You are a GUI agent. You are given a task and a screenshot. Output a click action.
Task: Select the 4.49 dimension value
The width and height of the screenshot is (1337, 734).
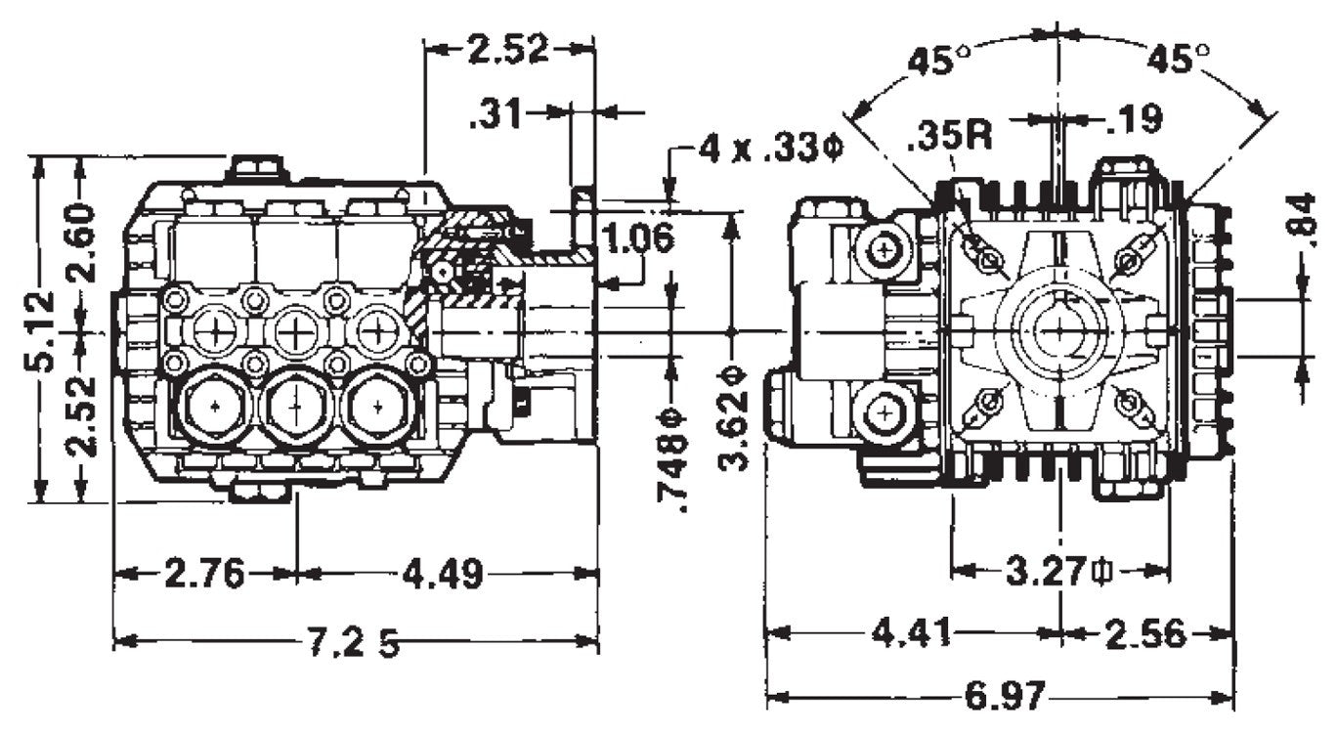point(443,575)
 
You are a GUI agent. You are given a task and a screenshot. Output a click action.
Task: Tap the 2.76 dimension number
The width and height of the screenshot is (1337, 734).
point(204,575)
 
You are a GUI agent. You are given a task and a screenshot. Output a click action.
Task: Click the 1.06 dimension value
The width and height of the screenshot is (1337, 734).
point(638,237)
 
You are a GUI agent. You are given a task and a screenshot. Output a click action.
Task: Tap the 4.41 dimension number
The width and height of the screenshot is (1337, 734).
point(910,634)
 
